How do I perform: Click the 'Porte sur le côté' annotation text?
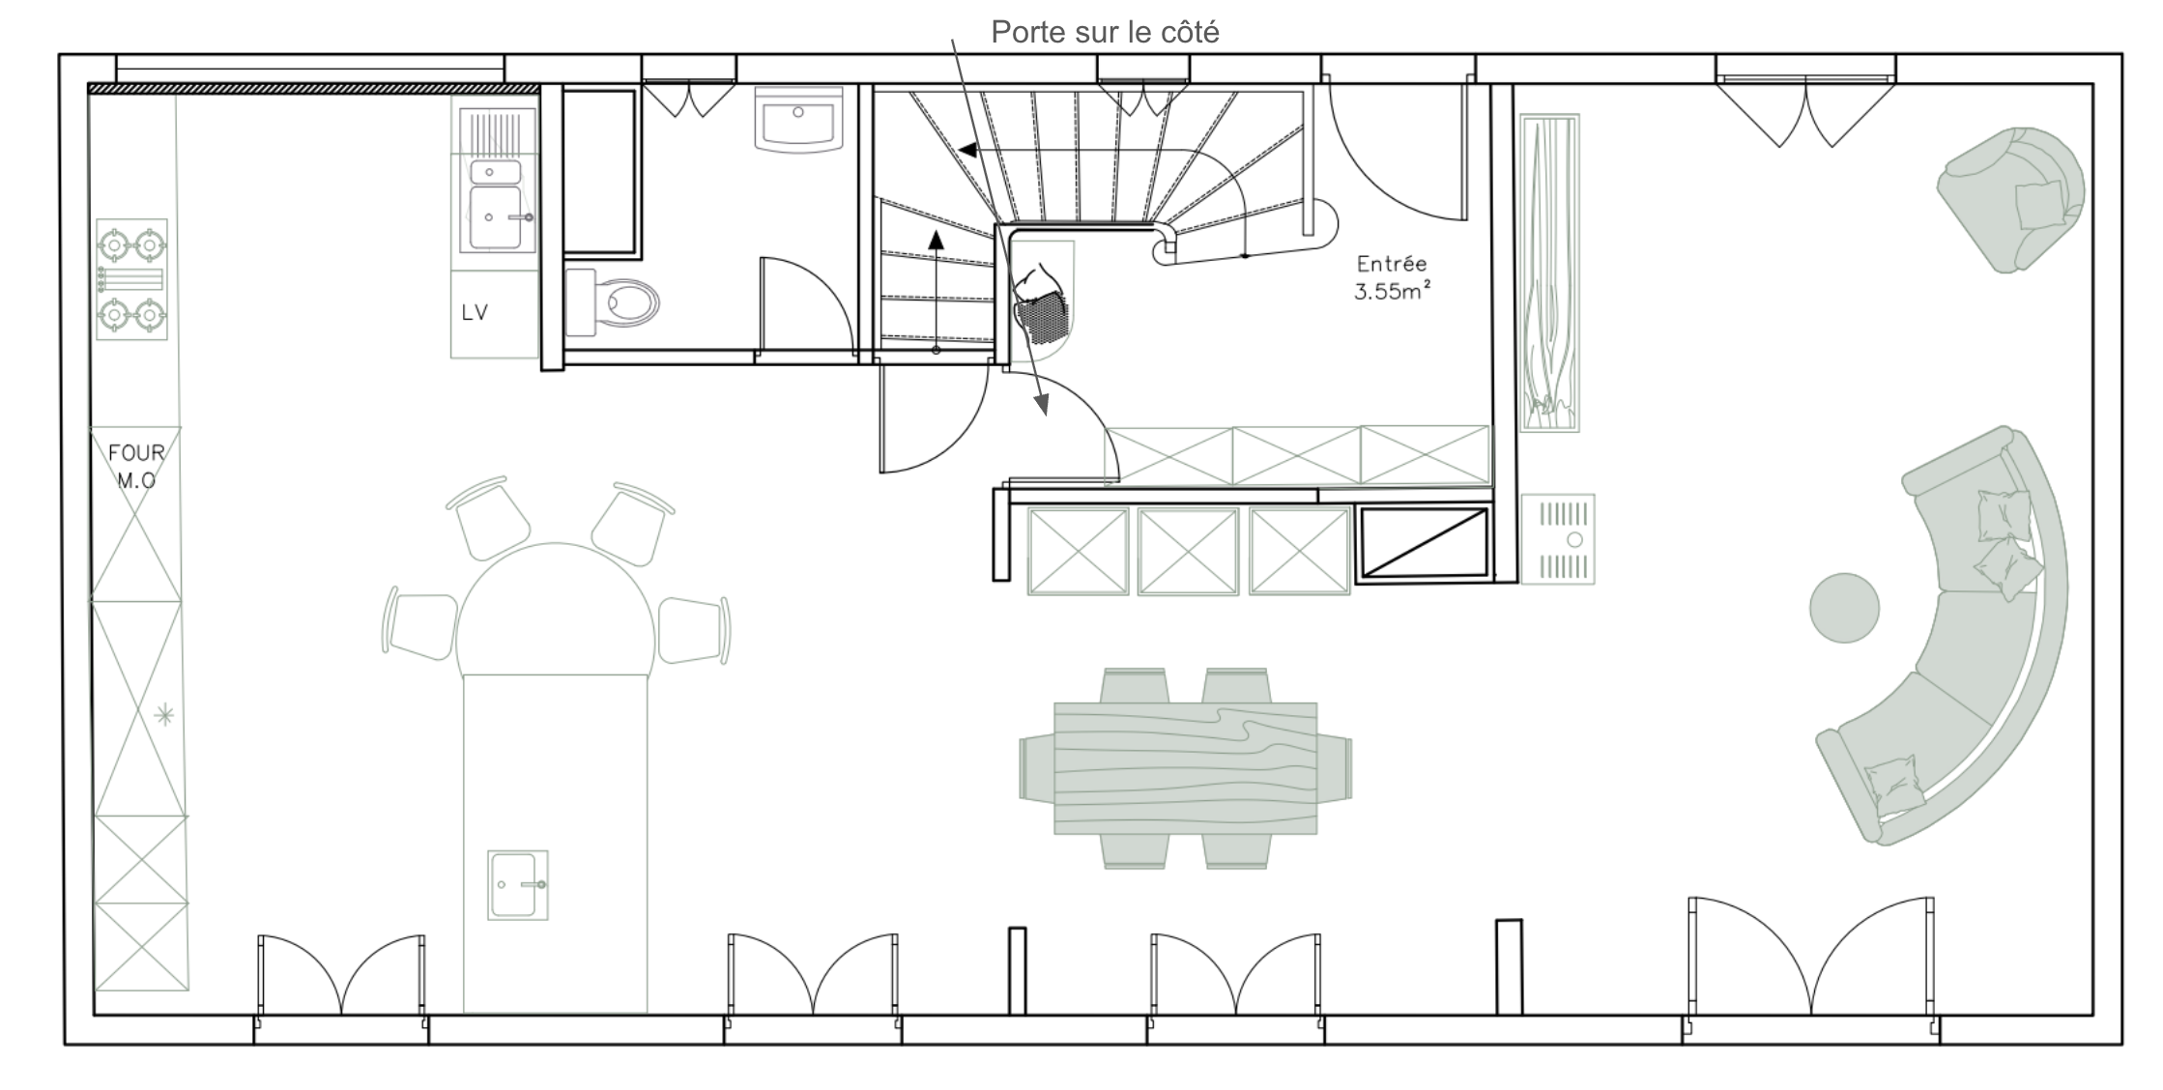1105,33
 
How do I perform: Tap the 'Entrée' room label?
1392,263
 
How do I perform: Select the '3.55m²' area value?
1392,291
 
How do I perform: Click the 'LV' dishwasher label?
475,312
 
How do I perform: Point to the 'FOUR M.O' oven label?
136,466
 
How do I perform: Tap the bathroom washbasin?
798,120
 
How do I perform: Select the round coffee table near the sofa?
1844,608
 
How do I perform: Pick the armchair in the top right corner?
2010,198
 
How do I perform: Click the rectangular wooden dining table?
1185,768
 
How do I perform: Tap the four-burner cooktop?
131,279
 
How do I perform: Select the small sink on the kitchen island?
518,885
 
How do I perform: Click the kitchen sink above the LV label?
495,204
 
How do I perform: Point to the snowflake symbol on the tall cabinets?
165,715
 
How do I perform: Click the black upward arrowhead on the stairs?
936,240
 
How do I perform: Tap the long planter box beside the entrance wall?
1549,272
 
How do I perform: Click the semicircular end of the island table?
556,610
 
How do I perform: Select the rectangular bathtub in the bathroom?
600,173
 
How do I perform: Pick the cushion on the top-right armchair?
2039,204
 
